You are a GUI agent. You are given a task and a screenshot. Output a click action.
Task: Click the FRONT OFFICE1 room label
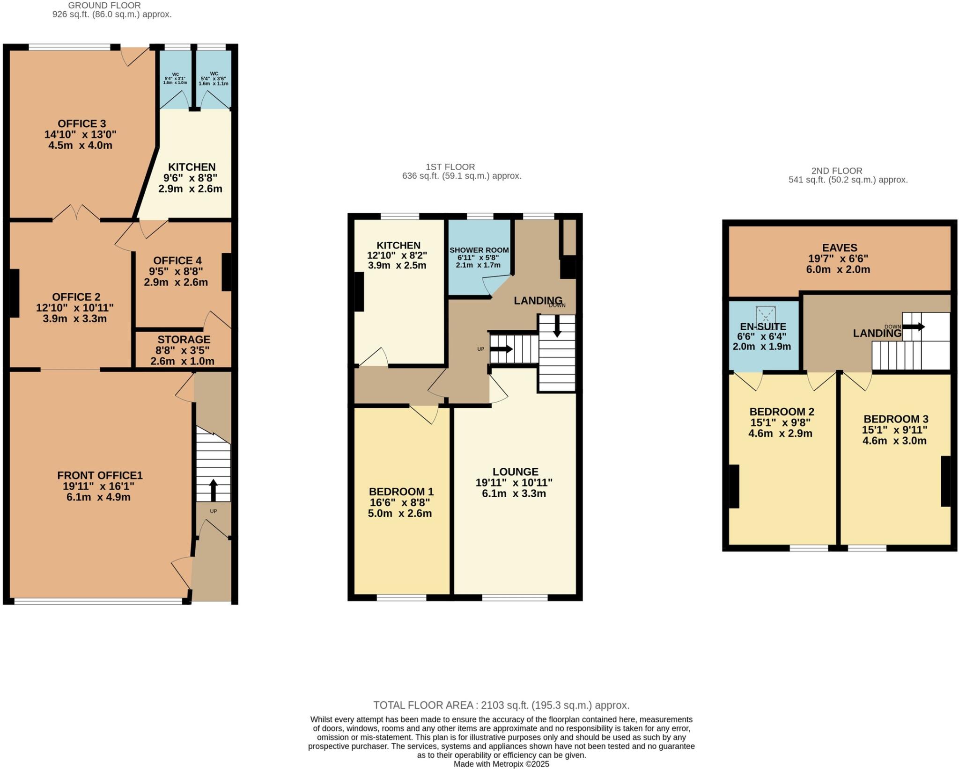pyautogui.click(x=99, y=475)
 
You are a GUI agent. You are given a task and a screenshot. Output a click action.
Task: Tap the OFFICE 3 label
pyautogui.click(x=81, y=123)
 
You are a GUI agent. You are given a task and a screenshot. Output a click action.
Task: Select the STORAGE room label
pyautogui.click(x=184, y=340)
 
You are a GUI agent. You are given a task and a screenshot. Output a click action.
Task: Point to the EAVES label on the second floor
pyautogui.click(x=840, y=248)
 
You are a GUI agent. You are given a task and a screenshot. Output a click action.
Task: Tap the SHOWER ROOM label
pyautogui.click(x=479, y=250)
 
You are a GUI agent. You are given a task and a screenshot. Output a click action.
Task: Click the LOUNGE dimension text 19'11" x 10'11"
pyautogui.click(x=514, y=483)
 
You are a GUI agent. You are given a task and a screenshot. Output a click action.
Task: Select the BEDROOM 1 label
pyautogui.click(x=401, y=492)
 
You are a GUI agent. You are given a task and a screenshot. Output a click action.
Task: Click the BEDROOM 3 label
pyautogui.click(x=895, y=419)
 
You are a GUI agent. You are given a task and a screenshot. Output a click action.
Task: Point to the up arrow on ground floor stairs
pyautogui.click(x=213, y=489)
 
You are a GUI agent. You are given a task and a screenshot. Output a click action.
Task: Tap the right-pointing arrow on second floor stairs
pyautogui.click(x=914, y=326)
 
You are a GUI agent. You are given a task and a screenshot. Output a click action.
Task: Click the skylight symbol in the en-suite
pyautogui.click(x=766, y=315)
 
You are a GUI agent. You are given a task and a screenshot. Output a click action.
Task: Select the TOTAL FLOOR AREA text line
pyautogui.click(x=501, y=705)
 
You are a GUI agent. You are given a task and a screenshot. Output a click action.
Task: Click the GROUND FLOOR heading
pyautogui.click(x=104, y=5)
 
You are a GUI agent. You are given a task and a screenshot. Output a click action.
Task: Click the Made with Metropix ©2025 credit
pyautogui.click(x=501, y=764)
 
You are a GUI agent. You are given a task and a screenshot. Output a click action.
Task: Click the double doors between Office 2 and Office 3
pyautogui.click(x=76, y=213)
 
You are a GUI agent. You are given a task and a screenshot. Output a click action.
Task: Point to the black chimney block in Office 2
pyautogui.click(x=14, y=293)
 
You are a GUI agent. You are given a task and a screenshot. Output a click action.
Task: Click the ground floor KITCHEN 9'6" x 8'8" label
pyautogui.click(x=192, y=167)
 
